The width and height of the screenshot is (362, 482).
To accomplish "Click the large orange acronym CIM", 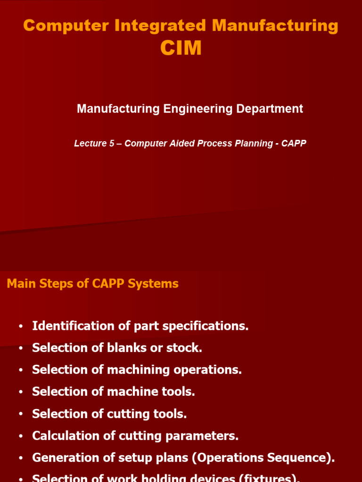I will [181, 48].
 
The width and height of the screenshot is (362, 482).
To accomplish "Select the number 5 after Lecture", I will [112, 144].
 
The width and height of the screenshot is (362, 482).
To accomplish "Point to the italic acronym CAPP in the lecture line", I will [294, 144].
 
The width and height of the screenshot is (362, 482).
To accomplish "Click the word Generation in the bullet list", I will [63, 458].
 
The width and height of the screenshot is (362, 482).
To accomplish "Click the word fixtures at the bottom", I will [270, 478].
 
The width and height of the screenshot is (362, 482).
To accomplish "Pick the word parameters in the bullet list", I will [206, 436].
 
